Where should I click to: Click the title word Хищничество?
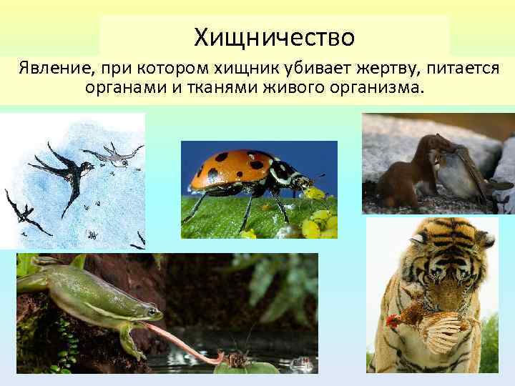[x=274, y=34]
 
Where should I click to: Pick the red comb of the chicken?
[x=393, y=320]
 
